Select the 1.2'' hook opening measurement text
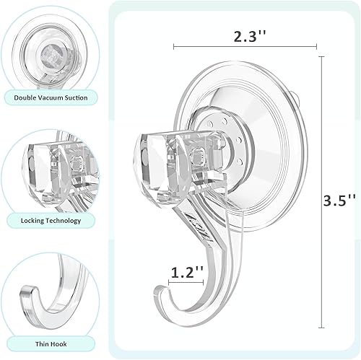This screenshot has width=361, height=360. [186, 273]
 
